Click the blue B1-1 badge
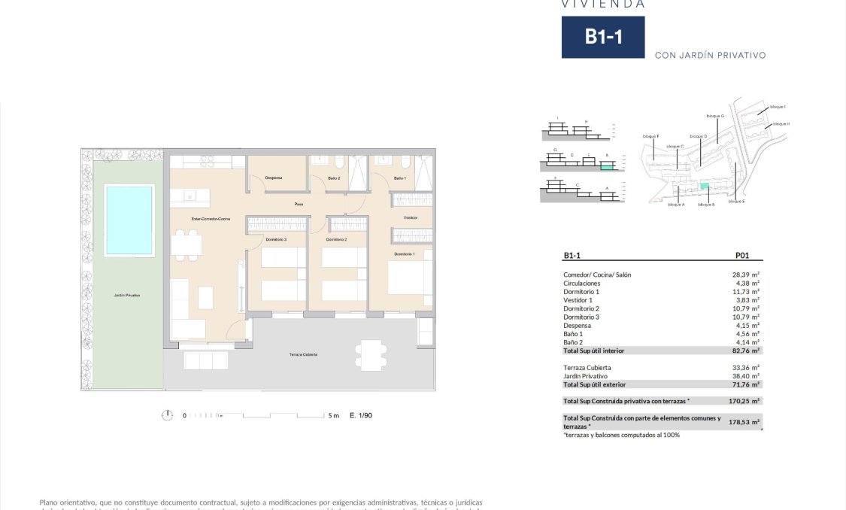[602, 37]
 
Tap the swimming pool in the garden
[129, 220]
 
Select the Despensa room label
[273, 178]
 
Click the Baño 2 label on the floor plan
[335, 178]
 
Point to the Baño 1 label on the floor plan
[399, 178]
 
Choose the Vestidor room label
[410, 217]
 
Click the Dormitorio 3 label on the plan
[275, 239]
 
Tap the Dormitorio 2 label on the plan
[336, 239]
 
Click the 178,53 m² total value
[744, 422]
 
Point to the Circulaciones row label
[582, 284]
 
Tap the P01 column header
[742, 256]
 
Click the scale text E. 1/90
[361, 415]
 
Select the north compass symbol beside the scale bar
[167, 415]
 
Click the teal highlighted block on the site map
[704, 186]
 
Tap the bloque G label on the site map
[715, 116]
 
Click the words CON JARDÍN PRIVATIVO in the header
[710, 55]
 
